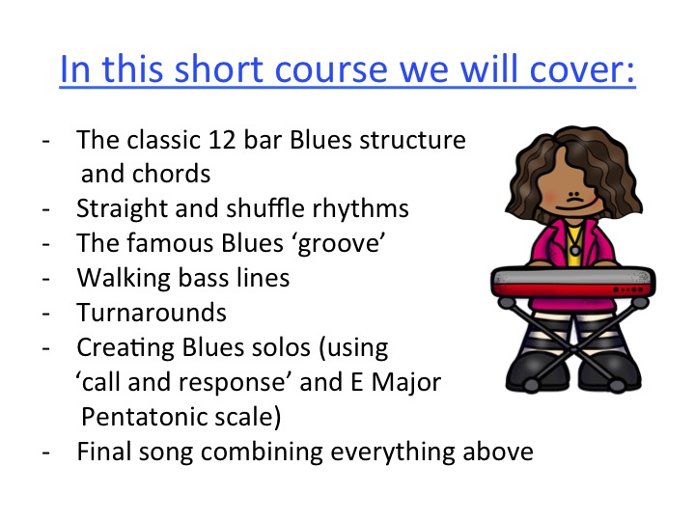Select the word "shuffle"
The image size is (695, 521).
tap(265, 208)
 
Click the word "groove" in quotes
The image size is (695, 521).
tap(338, 244)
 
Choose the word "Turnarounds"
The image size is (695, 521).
tap(152, 313)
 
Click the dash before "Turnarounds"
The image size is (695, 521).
tap(45, 314)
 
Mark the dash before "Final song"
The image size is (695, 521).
tap(45, 452)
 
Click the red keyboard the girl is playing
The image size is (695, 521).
tap(572, 282)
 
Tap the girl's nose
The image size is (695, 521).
tap(574, 195)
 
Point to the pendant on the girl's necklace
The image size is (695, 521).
tap(575, 251)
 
